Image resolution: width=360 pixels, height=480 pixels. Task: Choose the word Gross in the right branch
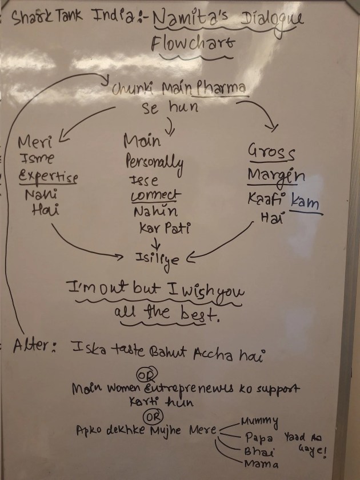(x=271, y=153)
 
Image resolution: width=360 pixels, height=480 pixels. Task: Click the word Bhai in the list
(x=255, y=451)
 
